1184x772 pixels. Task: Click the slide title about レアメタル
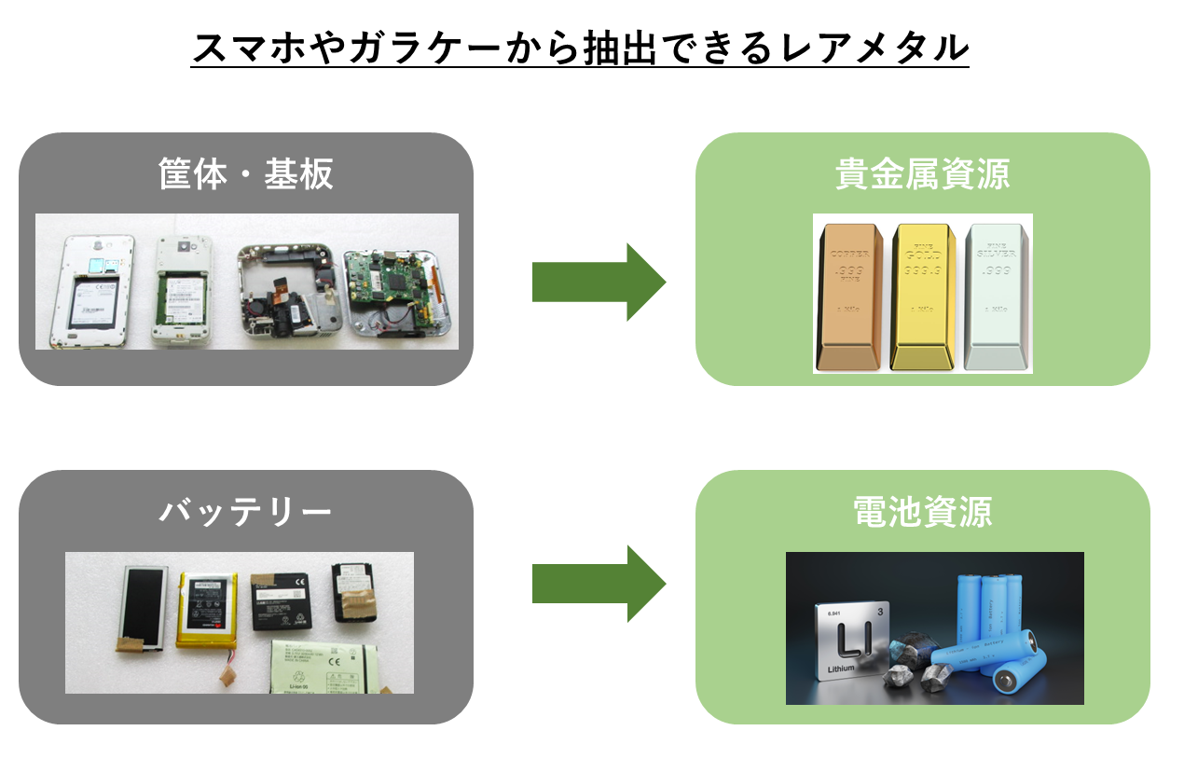pos(580,48)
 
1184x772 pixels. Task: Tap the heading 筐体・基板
pos(246,174)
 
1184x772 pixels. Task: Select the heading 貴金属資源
pos(922,174)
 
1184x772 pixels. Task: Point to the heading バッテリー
pos(246,512)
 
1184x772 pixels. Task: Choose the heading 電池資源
pos(922,512)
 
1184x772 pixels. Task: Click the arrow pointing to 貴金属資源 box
pos(598,282)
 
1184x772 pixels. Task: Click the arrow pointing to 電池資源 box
pos(598,584)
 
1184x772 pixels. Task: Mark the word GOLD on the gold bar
pos(922,253)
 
